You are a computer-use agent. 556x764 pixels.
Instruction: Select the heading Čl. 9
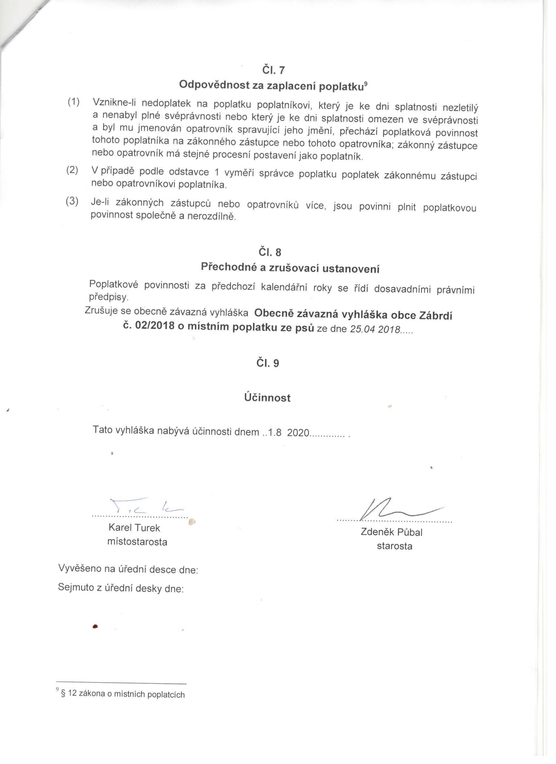click(268, 363)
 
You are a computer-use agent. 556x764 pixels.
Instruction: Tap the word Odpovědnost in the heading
click(214, 85)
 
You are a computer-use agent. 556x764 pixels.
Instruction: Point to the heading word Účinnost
click(268, 397)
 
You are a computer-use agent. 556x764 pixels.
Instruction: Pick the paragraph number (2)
click(72, 170)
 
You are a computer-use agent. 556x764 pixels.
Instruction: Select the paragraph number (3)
click(72, 201)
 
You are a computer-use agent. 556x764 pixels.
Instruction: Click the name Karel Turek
click(134, 527)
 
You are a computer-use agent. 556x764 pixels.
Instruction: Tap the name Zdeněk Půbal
click(391, 532)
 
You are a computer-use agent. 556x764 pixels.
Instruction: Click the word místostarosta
click(137, 542)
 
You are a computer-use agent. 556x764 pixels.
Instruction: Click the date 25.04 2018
click(374, 329)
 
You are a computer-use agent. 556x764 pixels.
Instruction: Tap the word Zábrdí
click(435, 316)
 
